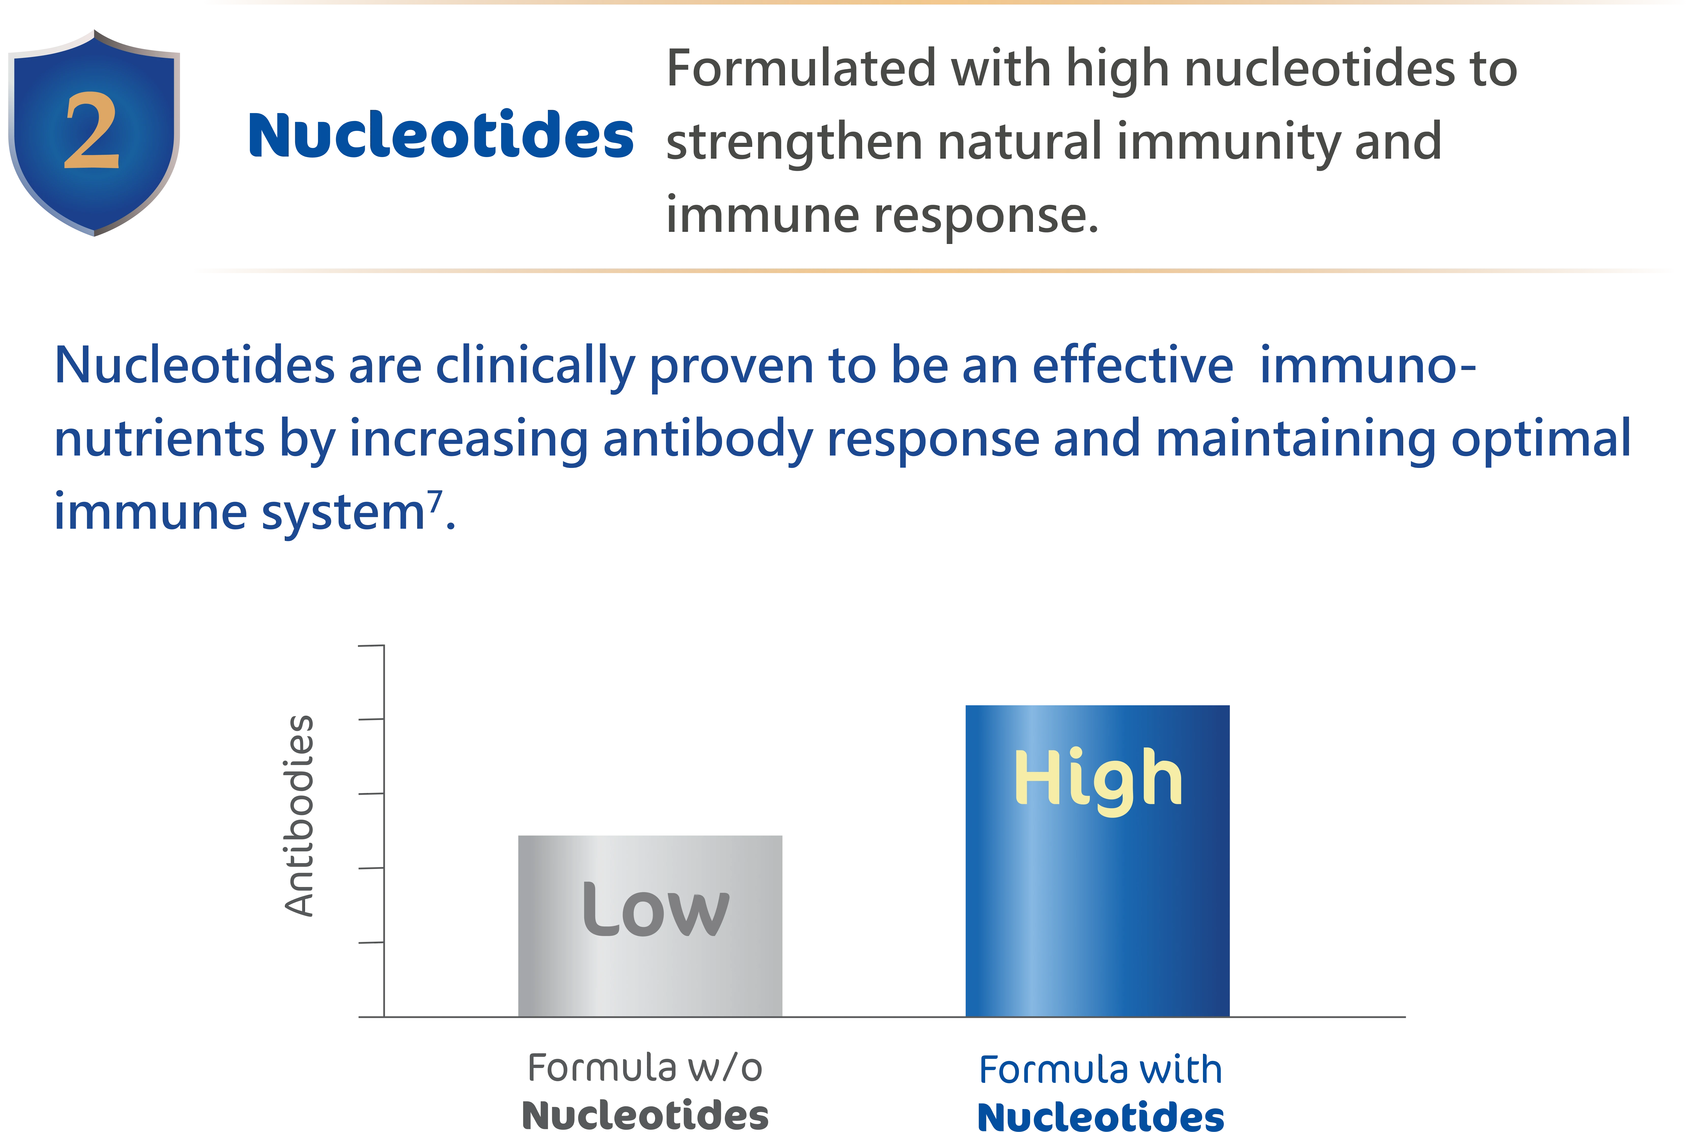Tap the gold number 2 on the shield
pos(92,131)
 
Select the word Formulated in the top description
pos(801,69)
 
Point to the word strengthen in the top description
pos(794,143)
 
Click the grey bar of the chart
pos(650,926)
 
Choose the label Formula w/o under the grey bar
pos(645,1068)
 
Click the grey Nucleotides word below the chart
pos(645,1115)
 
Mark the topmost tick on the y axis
pos(371,645)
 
